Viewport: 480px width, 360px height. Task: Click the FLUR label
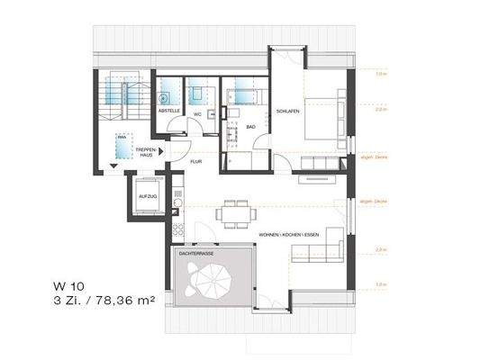tap(195, 162)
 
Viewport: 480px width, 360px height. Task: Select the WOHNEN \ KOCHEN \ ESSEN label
tap(288, 235)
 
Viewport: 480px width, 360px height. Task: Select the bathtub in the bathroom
tap(242, 94)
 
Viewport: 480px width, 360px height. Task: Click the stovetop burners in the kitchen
tap(177, 226)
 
